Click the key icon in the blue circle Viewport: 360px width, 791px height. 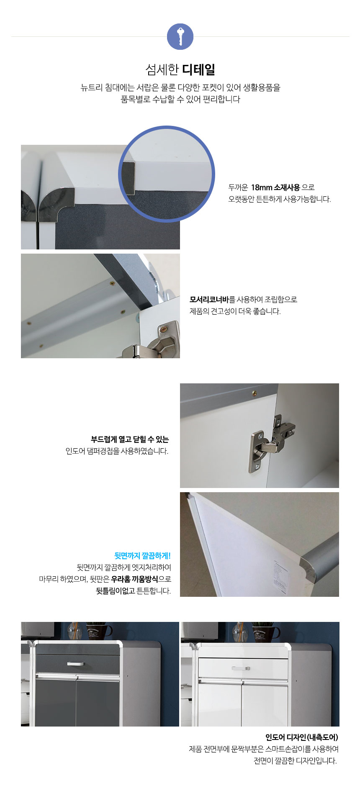pos(180,36)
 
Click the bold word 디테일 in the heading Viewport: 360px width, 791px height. pos(199,69)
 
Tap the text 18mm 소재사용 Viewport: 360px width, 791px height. pos(275,187)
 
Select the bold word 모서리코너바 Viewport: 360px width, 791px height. pos(209,300)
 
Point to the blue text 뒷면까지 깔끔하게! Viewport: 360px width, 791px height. pos(143,556)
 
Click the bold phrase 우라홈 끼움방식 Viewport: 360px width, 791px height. pos(134,579)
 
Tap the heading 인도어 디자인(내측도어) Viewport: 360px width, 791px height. pos(302,737)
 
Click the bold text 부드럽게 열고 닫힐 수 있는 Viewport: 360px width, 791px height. pos(130,439)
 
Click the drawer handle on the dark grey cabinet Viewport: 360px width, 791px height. pos(76,664)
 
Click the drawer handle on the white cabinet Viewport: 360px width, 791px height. pos(241,668)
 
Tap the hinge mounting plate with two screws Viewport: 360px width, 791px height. pos(257,452)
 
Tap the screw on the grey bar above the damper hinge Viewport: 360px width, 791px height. pos(254,394)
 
